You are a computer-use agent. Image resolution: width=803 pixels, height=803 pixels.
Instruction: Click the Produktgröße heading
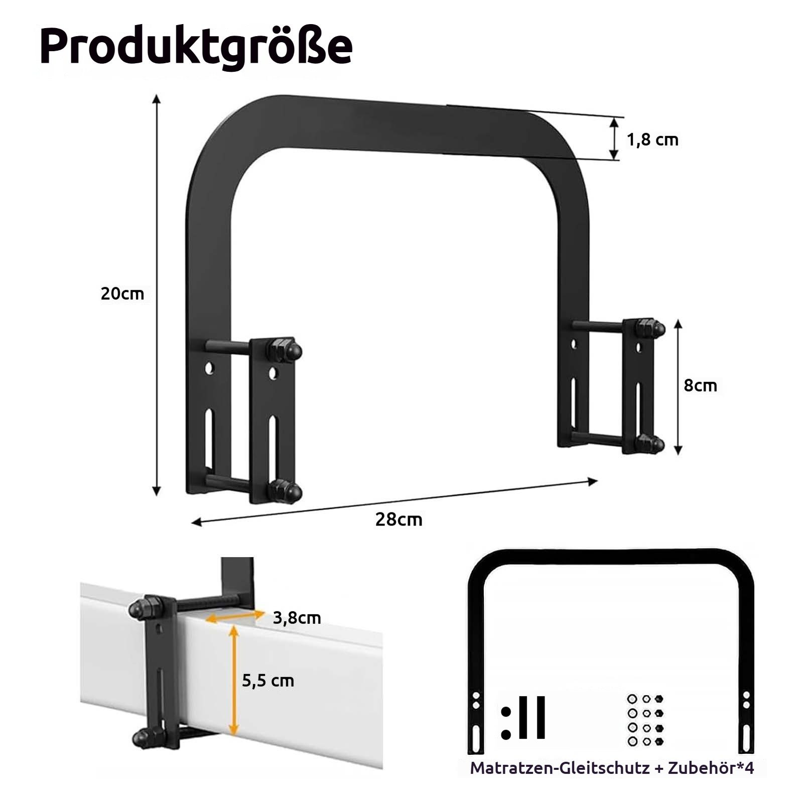196,47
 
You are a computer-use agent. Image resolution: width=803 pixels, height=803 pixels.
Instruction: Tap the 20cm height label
122,294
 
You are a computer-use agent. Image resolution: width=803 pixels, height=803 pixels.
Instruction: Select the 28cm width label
398,519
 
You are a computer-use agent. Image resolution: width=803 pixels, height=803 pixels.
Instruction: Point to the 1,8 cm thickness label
652,140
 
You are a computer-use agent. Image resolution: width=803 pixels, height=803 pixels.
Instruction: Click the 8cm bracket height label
700,385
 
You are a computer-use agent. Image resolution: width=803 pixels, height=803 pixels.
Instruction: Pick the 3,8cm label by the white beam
297,617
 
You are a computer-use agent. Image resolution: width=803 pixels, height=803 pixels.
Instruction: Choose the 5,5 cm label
268,681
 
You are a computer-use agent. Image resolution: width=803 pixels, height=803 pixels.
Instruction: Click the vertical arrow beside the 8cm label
678,386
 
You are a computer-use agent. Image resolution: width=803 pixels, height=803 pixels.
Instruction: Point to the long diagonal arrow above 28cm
394,501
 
